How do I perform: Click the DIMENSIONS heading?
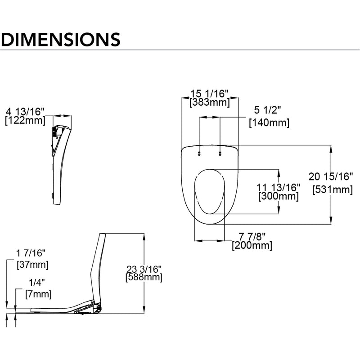tap(60, 40)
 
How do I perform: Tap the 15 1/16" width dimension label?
tap(210, 94)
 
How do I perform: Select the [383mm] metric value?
tap(210, 103)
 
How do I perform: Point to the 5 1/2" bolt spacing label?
tap(267, 110)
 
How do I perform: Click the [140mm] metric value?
tap(269, 123)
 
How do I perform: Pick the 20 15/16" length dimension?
tap(330, 176)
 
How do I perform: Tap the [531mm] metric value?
tap(333, 190)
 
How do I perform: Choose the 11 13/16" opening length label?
tap(278, 188)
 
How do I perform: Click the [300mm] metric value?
tap(279, 196)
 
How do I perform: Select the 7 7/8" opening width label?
tap(252, 236)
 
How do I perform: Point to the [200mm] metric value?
tap(252, 246)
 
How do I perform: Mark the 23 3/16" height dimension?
tap(144, 269)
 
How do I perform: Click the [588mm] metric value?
tap(144, 277)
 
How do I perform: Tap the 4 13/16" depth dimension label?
tap(25, 112)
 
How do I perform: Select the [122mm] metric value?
tap(25, 121)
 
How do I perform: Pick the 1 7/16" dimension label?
tap(31, 253)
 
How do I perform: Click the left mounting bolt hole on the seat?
tap(199, 153)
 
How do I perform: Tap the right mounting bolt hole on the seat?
tap(220, 153)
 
